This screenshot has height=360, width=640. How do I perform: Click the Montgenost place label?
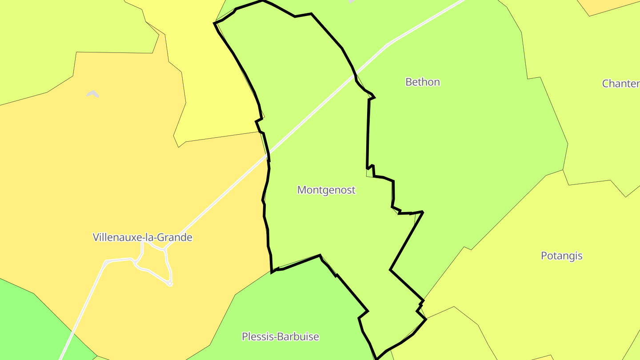[326, 190]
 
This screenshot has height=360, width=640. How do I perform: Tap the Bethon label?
[423, 82]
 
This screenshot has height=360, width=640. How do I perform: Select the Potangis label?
[561, 256]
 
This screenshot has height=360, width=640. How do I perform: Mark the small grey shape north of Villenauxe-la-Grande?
[92, 94]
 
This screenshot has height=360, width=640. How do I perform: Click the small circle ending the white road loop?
[170, 284]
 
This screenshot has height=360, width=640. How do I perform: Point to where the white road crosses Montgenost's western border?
[268, 156]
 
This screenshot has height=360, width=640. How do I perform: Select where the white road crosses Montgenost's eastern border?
[355, 76]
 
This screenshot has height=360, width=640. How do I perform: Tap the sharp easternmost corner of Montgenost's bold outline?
[423, 212]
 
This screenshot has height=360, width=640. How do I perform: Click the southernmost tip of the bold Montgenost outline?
[376, 358]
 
